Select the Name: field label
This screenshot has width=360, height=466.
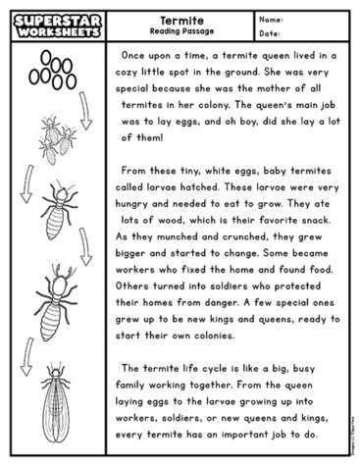click(272, 18)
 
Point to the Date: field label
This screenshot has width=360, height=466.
click(271, 32)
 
